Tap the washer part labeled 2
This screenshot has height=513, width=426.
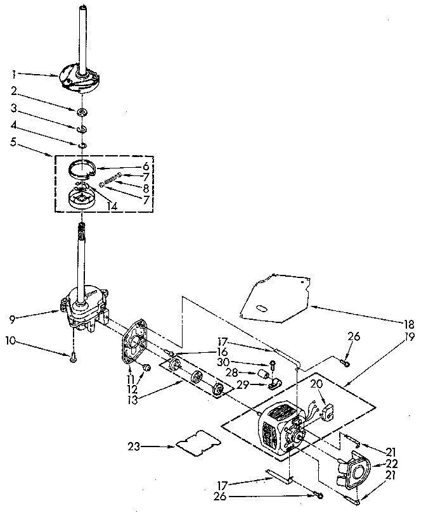[82, 112]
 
